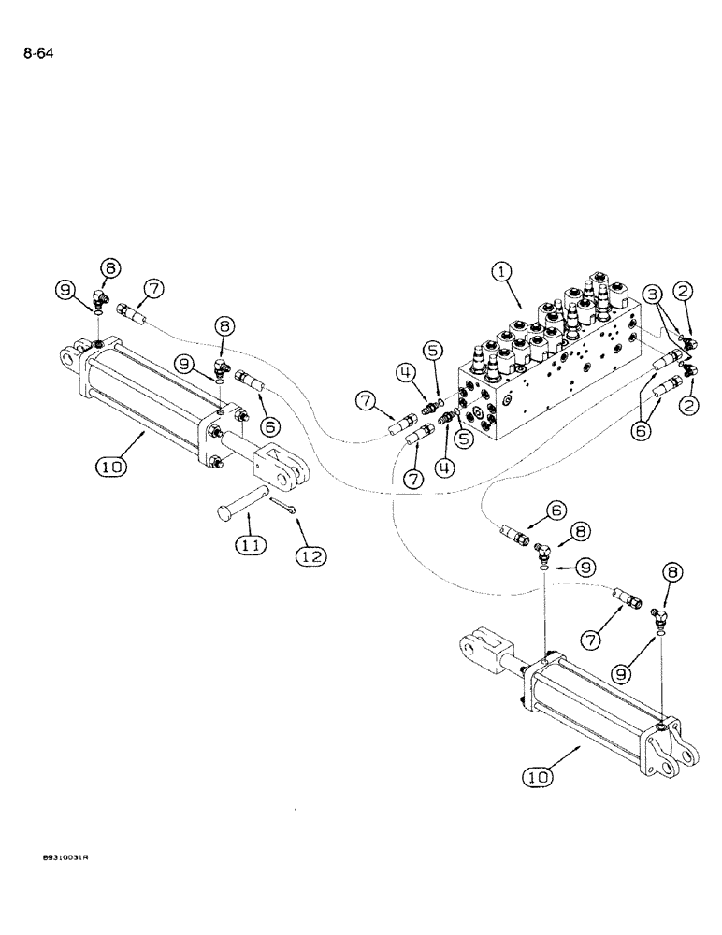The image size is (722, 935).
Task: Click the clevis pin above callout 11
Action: click(x=242, y=500)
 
